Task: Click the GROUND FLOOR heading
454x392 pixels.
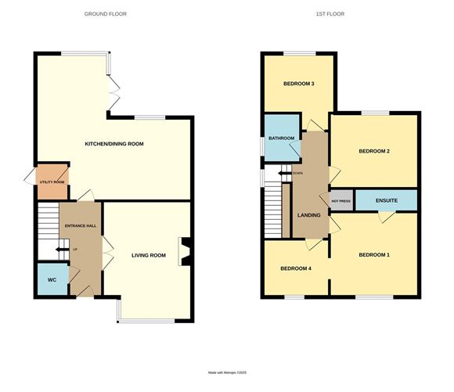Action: [x=105, y=14]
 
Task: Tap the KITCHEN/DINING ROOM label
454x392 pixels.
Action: [x=114, y=144]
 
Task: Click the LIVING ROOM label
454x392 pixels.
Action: [x=149, y=255]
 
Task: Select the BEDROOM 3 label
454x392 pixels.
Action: [x=299, y=84]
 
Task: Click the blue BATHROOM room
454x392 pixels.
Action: [x=281, y=138]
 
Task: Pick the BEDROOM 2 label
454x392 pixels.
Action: [x=374, y=151]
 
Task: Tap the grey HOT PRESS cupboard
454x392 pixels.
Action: [x=341, y=201]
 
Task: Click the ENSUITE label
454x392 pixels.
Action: [x=387, y=201]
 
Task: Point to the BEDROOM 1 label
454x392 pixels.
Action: [x=374, y=255]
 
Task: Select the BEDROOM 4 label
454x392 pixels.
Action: [x=296, y=269]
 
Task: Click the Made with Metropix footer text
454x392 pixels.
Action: [x=227, y=372]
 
